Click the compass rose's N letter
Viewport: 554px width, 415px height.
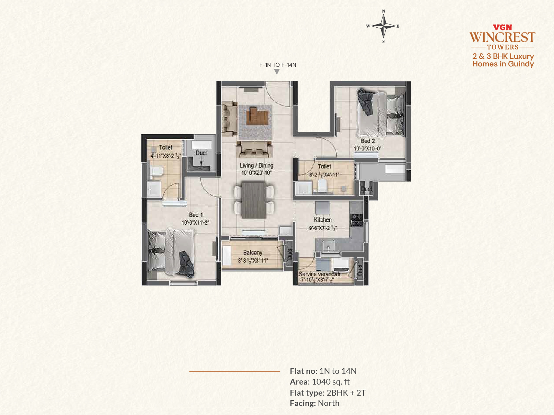point(383,11)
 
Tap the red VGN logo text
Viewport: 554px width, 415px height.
point(502,27)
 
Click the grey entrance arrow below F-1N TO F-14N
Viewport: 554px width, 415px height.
point(277,72)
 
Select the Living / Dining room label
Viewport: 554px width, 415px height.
point(257,166)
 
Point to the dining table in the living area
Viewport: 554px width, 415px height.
point(254,200)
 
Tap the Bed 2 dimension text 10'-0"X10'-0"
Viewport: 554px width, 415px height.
point(367,149)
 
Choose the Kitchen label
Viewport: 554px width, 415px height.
point(323,220)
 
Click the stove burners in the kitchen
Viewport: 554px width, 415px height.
point(357,220)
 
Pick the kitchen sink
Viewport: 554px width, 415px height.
point(328,245)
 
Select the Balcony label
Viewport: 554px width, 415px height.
point(253,252)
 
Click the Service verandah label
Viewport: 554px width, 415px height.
point(320,274)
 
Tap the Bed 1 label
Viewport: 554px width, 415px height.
point(196,215)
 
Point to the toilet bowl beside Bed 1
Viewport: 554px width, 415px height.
point(157,172)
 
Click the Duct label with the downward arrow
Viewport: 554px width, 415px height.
point(201,153)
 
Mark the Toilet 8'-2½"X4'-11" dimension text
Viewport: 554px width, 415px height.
point(324,175)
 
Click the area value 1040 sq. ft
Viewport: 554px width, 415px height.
point(331,382)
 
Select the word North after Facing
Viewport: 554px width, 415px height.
point(329,403)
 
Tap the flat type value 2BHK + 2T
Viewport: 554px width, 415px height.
point(346,393)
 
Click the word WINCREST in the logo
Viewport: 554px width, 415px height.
point(502,37)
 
